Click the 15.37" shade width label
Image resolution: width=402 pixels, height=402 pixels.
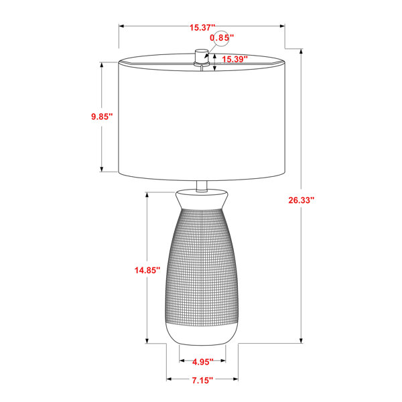(x=202, y=27)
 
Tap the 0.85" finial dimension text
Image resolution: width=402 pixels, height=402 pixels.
(x=222, y=38)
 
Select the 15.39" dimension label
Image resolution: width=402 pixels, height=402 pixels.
(x=234, y=59)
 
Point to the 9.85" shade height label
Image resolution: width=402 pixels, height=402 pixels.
(x=102, y=117)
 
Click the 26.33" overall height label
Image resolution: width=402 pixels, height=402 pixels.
(x=301, y=200)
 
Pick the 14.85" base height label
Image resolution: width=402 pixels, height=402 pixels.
(x=147, y=270)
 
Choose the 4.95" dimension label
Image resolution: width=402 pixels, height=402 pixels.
(x=202, y=362)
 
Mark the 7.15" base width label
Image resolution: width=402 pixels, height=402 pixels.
(x=202, y=380)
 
